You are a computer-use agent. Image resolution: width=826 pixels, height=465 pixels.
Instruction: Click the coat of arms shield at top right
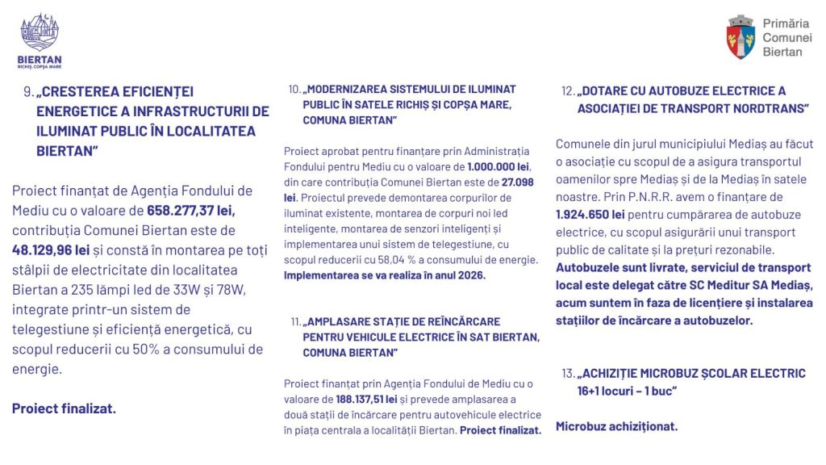740,37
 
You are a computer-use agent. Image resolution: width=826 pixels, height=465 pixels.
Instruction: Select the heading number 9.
29,92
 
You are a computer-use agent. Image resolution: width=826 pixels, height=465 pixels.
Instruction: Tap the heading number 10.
294,89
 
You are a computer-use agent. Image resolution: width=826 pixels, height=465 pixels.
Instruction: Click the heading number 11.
296,322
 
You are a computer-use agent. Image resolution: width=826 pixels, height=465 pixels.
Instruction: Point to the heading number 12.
569,91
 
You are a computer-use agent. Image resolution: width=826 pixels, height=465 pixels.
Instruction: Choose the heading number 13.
569,374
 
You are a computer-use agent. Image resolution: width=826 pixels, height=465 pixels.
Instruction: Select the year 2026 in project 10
472,275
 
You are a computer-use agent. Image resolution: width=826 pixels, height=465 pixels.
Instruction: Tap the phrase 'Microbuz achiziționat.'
616,426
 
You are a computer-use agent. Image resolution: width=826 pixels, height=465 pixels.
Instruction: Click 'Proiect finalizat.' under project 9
64,408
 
